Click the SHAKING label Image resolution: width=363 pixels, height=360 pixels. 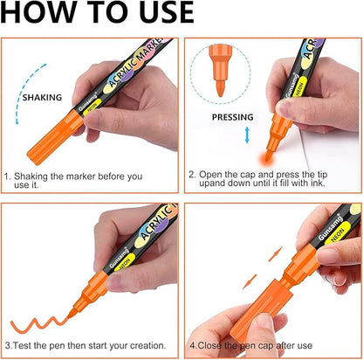pyautogui.click(x=42, y=97)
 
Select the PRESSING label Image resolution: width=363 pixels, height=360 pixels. pyautogui.click(x=233, y=117)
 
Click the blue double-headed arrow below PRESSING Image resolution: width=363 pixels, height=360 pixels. pyautogui.click(x=247, y=135)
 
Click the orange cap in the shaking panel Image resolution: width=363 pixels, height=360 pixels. pyautogui.click(x=55, y=137)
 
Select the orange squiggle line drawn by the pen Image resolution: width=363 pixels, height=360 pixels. pyautogui.click(x=38, y=324)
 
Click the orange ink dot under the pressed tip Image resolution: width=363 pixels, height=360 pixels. pyautogui.click(x=266, y=157)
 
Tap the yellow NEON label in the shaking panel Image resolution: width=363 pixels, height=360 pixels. pyautogui.click(x=92, y=107)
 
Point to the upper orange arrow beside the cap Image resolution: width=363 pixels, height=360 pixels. pyautogui.click(x=276, y=253)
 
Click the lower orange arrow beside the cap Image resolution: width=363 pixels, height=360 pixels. pyautogui.click(x=250, y=281)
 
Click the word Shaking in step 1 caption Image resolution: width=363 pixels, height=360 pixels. pyautogui.click(x=31, y=177)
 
